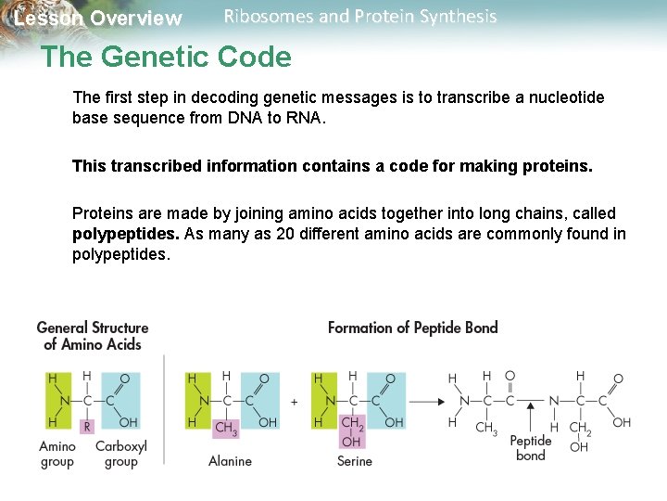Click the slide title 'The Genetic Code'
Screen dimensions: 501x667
click(166, 58)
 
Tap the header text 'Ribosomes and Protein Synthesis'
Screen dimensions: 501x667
click(360, 17)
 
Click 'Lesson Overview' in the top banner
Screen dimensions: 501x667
click(98, 19)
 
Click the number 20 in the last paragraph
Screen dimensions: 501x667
click(285, 234)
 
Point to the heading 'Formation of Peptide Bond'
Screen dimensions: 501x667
click(413, 328)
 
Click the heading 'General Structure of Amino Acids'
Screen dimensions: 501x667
click(93, 336)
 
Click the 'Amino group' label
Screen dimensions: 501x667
click(57, 454)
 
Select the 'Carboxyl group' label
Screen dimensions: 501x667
click(121, 454)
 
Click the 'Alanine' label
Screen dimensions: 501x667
click(230, 461)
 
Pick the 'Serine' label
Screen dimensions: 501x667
click(355, 461)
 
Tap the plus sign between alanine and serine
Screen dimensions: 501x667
click(295, 402)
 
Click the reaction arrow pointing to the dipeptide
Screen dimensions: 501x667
click(425, 402)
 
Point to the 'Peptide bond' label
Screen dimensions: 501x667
click(530, 448)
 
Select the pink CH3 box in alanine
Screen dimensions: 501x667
click(225, 428)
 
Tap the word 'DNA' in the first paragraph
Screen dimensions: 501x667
click(245, 119)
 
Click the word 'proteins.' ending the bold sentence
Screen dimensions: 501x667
click(559, 166)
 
